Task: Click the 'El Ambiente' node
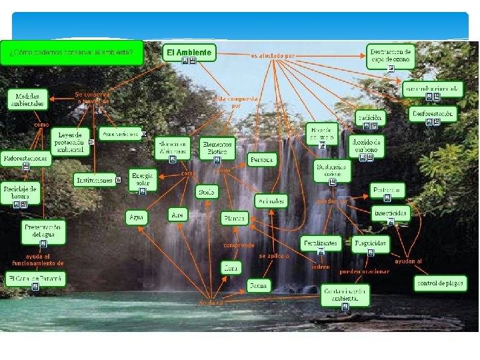[x=189, y=53]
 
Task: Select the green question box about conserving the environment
[x=72, y=53]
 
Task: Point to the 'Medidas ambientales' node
[x=28, y=99]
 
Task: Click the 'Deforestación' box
[x=433, y=114]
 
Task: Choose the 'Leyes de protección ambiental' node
[x=70, y=141]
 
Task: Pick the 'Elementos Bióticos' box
[x=217, y=147]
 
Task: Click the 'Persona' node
[x=261, y=160]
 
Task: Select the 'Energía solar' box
[x=143, y=179]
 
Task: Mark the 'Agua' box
[x=136, y=217]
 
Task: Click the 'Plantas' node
[x=234, y=218]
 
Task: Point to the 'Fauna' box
[x=258, y=285]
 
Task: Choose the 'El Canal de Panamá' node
[x=35, y=279]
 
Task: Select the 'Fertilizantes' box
[x=320, y=243]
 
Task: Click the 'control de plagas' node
[x=439, y=284]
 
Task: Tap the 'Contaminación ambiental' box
[x=345, y=295]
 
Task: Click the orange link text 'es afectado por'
[x=272, y=56]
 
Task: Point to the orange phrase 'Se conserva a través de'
[x=92, y=97]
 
